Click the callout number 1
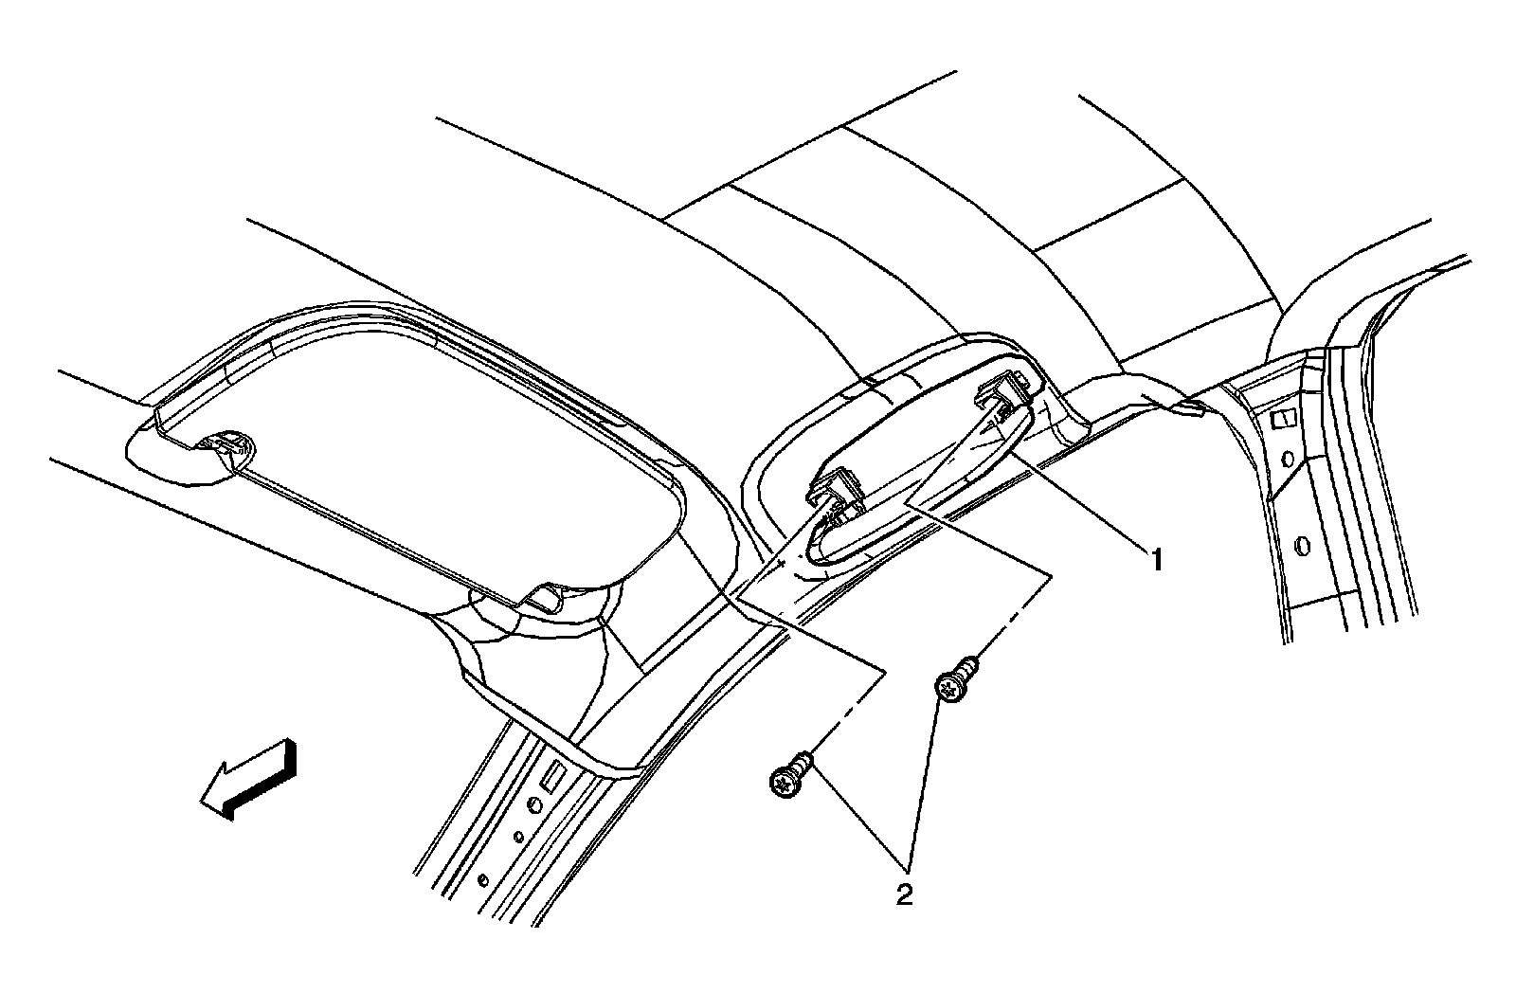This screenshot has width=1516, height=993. [x=1155, y=560]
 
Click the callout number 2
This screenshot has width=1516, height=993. [x=905, y=894]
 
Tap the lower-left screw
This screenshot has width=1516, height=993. [x=788, y=779]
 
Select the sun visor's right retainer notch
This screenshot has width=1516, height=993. [x=546, y=596]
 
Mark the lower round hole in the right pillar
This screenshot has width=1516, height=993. [x=1300, y=545]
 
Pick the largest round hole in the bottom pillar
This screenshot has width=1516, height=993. [x=534, y=804]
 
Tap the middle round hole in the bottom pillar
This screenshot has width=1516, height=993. [x=518, y=837]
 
